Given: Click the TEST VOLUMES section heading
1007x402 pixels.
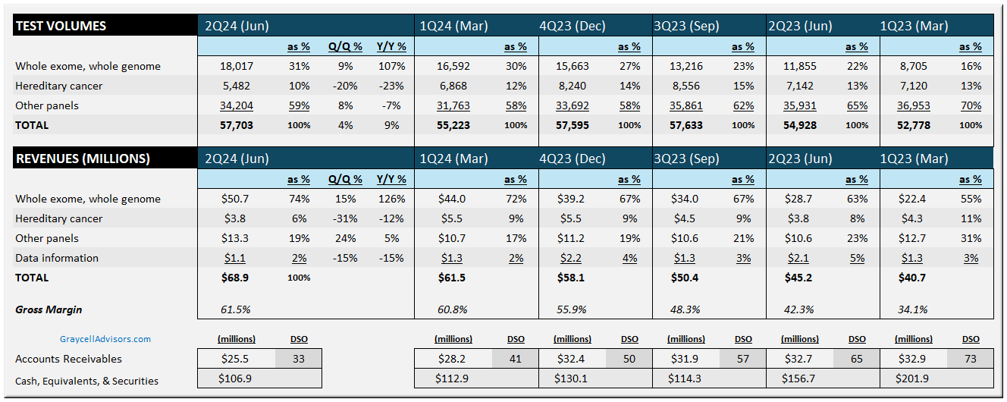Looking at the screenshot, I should click(x=61, y=26).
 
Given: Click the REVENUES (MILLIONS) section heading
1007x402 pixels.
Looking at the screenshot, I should click(x=83, y=159).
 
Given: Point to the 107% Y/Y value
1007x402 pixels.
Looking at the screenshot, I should click(x=391, y=66).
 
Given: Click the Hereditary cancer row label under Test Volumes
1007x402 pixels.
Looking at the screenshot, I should click(x=58, y=86).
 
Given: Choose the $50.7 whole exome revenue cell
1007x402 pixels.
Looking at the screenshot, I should click(x=234, y=199).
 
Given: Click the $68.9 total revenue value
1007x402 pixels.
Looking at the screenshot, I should click(x=234, y=278).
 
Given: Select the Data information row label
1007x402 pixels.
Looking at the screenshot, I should click(x=57, y=258).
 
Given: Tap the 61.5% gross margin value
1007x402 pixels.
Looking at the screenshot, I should click(x=234, y=309).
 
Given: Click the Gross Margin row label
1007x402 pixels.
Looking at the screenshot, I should click(x=49, y=309).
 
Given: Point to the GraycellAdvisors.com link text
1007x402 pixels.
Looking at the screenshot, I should click(x=105, y=339).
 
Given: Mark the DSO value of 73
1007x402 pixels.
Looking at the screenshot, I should click(x=971, y=359).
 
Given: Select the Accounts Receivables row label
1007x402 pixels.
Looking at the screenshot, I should click(x=68, y=359).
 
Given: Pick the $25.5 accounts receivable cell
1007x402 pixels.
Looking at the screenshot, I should click(x=234, y=359).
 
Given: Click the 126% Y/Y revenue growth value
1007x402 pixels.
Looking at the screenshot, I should click(x=391, y=199).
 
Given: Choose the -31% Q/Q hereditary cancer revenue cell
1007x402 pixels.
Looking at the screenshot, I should click(x=345, y=218).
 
